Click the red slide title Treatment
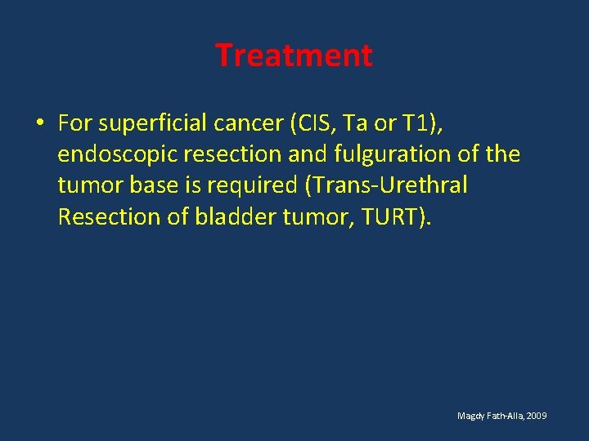point(294,56)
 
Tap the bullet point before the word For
point(39,123)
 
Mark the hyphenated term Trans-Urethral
point(387,185)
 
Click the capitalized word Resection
point(102,216)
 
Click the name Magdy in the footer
point(470,416)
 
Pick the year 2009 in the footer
point(537,416)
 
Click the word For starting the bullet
point(75,123)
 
